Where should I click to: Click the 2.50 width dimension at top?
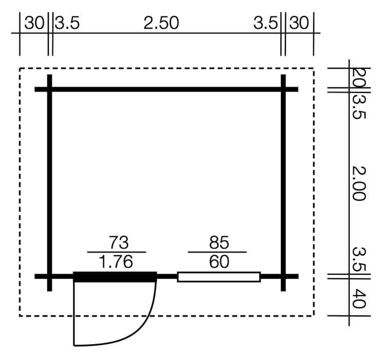(x=161, y=23)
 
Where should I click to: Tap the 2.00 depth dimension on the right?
(x=359, y=183)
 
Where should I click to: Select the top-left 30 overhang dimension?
(x=34, y=23)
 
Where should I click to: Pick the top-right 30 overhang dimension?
(x=299, y=23)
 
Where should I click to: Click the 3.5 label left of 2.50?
(x=67, y=23)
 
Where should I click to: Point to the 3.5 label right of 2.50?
(x=265, y=23)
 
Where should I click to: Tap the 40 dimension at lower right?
(x=359, y=298)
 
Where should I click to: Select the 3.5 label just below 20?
(x=359, y=107)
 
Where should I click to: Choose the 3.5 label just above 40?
(x=359, y=259)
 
